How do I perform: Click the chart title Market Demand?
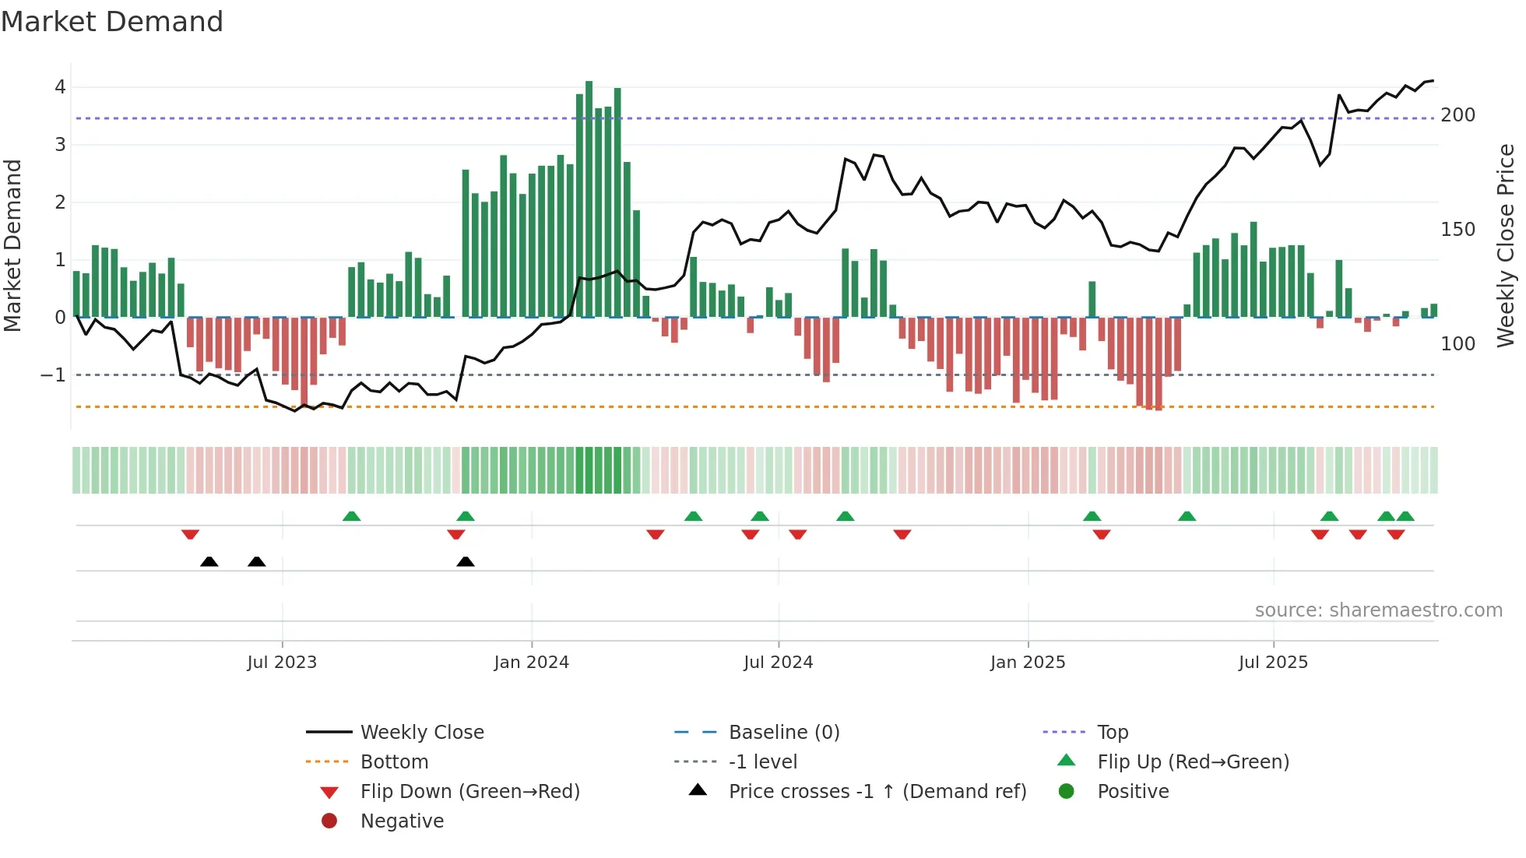click(x=112, y=22)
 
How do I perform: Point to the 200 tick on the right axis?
click(x=1457, y=115)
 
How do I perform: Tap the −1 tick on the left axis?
click(x=53, y=375)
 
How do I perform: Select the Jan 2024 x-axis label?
click(x=531, y=663)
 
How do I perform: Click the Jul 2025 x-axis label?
click(x=1273, y=663)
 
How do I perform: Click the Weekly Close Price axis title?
click(x=1506, y=245)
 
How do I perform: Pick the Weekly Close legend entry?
click(x=421, y=733)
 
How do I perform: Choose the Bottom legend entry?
click(x=394, y=762)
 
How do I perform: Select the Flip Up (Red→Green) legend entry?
click(x=1193, y=762)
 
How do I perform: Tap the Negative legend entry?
click(x=402, y=821)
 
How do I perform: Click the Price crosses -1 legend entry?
click(x=877, y=792)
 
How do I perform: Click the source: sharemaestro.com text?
click(x=1378, y=610)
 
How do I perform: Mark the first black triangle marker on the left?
click(x=209, y=562)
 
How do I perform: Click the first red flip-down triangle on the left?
click(x=190, y=534)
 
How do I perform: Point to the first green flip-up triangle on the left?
click(x=351, y=516)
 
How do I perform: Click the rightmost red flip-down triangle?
click(x=1395, y=534)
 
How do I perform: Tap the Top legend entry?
click(x=1113, y=733)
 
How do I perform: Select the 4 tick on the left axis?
click(x=60, y=87)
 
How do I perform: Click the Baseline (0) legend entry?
click(x=783, y=733)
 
